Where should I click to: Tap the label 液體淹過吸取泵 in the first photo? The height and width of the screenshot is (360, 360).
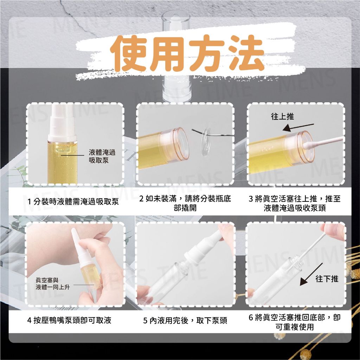pos(102,156)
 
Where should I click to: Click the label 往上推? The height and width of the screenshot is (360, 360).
pos(282,116)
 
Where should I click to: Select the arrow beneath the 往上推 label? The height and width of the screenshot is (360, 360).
pos(298,127)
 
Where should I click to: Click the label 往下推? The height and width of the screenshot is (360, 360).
pos(327,279)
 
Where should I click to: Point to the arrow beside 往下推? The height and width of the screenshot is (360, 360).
pos(311,274)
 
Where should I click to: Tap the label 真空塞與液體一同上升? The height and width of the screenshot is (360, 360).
pos(53,284)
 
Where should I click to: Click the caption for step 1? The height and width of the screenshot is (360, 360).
pos(73,202)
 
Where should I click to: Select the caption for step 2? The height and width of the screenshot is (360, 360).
pos(185,203)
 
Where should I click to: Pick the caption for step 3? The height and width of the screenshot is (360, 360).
pos(295,203)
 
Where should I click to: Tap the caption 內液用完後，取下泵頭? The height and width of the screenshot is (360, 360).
pos(185,320)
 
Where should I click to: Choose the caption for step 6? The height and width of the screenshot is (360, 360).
pos(295,322)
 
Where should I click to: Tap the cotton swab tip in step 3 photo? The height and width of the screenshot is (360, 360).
pos(307,145)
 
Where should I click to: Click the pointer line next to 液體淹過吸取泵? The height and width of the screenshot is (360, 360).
pos(72,155)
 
